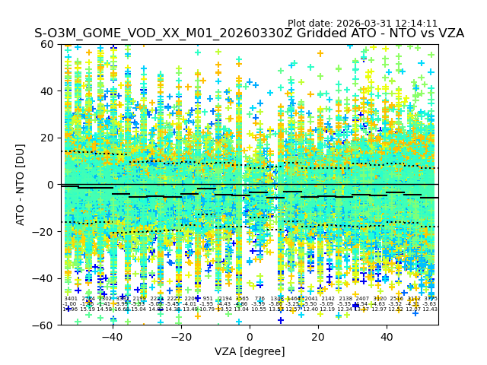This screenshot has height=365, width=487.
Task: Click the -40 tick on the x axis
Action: pos(112,325)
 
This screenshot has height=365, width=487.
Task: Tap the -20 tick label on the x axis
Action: pos(180,337)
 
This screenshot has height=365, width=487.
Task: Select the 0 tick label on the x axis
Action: pos(250,337)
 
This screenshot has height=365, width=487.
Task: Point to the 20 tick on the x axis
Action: pos(318,325)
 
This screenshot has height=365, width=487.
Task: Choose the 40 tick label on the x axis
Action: pos(387,337)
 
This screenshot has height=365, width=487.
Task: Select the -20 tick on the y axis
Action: pos(61,231)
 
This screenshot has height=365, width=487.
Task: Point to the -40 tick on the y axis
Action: pos(61,278)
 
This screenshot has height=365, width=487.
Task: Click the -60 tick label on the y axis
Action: pos(46,325)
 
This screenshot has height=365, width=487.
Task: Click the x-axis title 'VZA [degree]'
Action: pos(250,351)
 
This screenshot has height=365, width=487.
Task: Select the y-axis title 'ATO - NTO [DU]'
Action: pos(21,185)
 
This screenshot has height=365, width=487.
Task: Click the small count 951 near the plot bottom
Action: pos(208,299)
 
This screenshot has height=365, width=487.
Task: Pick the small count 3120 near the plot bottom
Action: pos(379,299)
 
